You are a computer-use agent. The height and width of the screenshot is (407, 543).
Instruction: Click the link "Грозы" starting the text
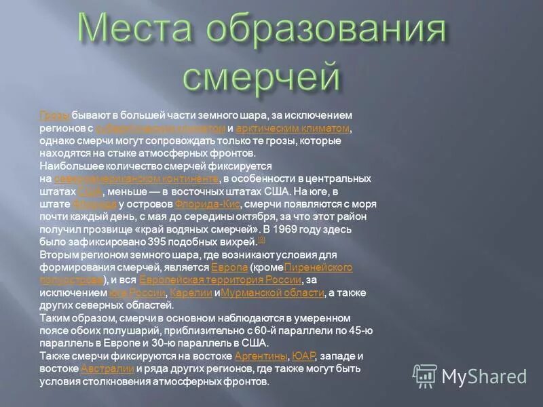(51, 115)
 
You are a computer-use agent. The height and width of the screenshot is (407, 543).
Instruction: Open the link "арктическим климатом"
(293, 128)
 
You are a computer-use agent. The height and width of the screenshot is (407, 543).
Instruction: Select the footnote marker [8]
(261, 239)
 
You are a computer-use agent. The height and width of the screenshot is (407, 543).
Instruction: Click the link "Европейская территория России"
(220, 279)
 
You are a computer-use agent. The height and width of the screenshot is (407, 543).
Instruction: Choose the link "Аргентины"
(261, 356)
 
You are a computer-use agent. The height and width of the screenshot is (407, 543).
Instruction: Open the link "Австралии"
(107, 368)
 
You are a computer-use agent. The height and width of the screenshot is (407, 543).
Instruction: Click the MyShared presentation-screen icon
(426, 375)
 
